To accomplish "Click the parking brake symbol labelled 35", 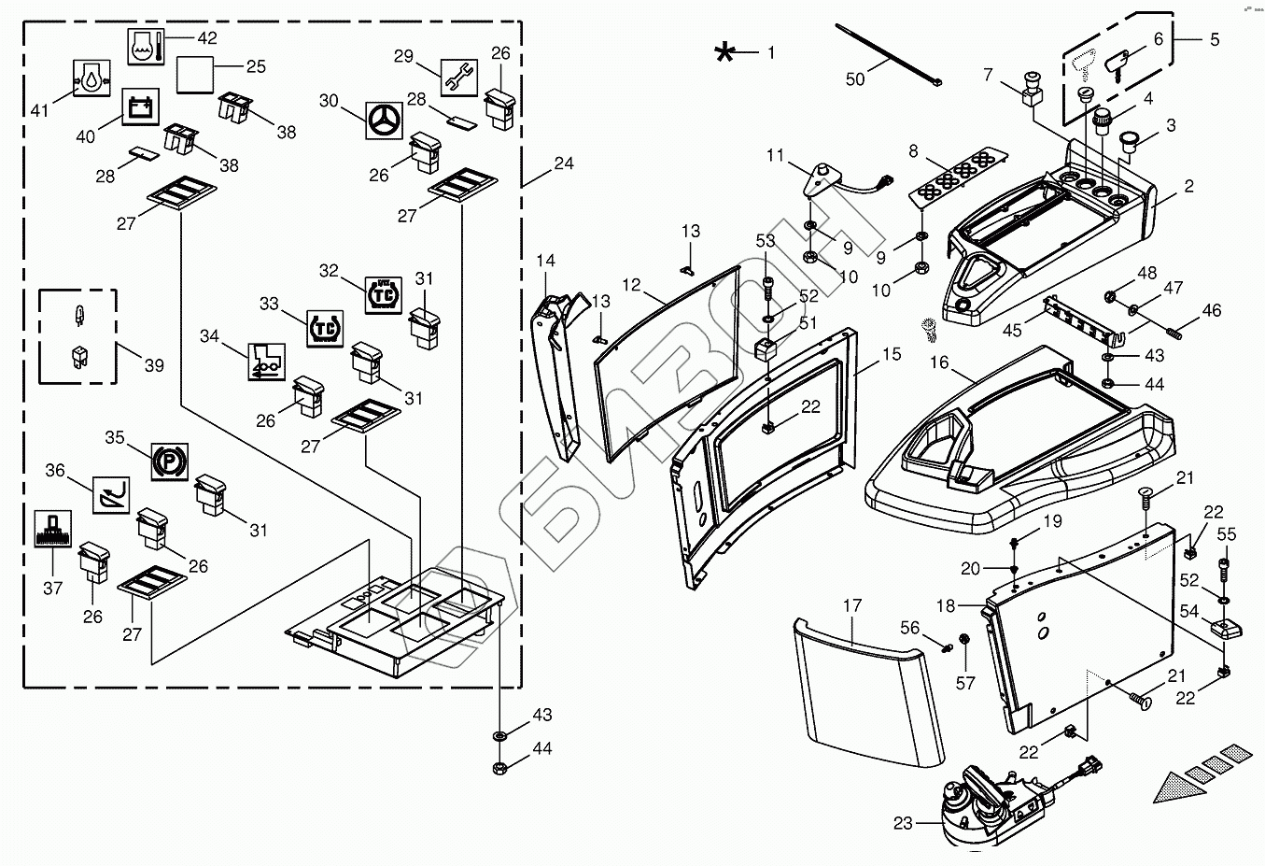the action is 169,461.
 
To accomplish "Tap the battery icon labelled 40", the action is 141,106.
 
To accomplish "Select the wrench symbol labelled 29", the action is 459,78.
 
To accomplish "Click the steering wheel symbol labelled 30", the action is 384,121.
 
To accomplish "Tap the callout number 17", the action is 851,605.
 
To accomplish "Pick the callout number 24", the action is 564,163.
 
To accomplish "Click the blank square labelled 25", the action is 195,75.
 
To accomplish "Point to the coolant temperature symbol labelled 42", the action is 146,47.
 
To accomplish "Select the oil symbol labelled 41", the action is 91,78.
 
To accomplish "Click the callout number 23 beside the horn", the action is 903,823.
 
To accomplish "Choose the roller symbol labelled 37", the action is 53,529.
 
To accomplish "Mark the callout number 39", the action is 154,365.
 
